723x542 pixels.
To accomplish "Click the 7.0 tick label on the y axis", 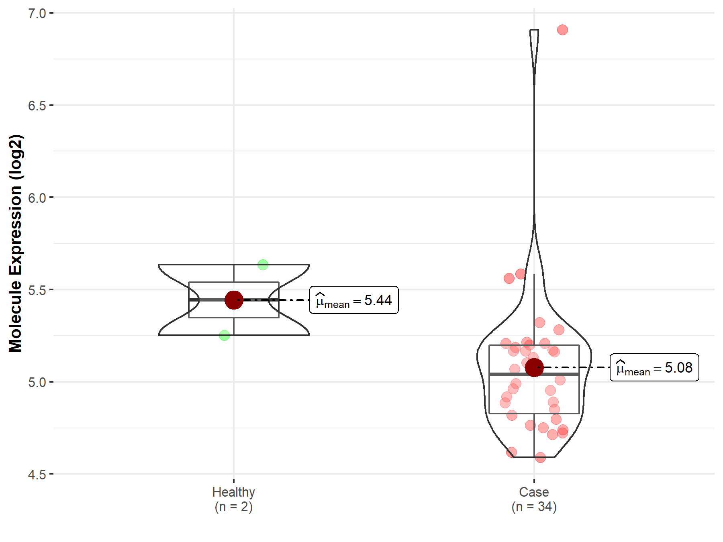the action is click(x=37, y=13).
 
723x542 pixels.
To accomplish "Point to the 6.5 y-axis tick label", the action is click(x=37, y=106).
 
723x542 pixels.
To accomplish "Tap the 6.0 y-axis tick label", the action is click(x=37, y=198).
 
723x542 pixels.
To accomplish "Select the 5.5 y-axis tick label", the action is click(x=37, y=290).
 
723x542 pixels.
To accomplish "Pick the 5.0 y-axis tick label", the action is click(x=37, y=382).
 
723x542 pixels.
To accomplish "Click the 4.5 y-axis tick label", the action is click(x=37, y=474).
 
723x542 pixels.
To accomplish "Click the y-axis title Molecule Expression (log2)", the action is click(x=16, y=243).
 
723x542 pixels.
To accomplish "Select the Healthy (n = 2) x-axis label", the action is click(x=234, y=499).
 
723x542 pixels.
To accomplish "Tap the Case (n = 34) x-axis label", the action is click(x=534, y=499).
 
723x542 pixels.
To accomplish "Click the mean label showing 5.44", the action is click(x=354, y=300).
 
